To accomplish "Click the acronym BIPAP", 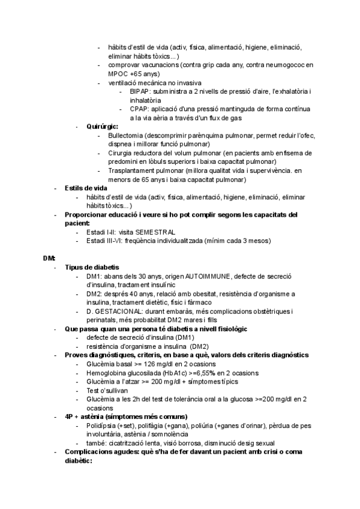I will coord(139,91).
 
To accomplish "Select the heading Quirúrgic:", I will coord(102,127).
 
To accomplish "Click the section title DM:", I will coord(49,258).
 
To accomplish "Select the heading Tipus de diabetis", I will coord(92,267).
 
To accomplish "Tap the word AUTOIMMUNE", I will coord(211,276).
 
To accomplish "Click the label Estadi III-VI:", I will coord(106,241).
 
